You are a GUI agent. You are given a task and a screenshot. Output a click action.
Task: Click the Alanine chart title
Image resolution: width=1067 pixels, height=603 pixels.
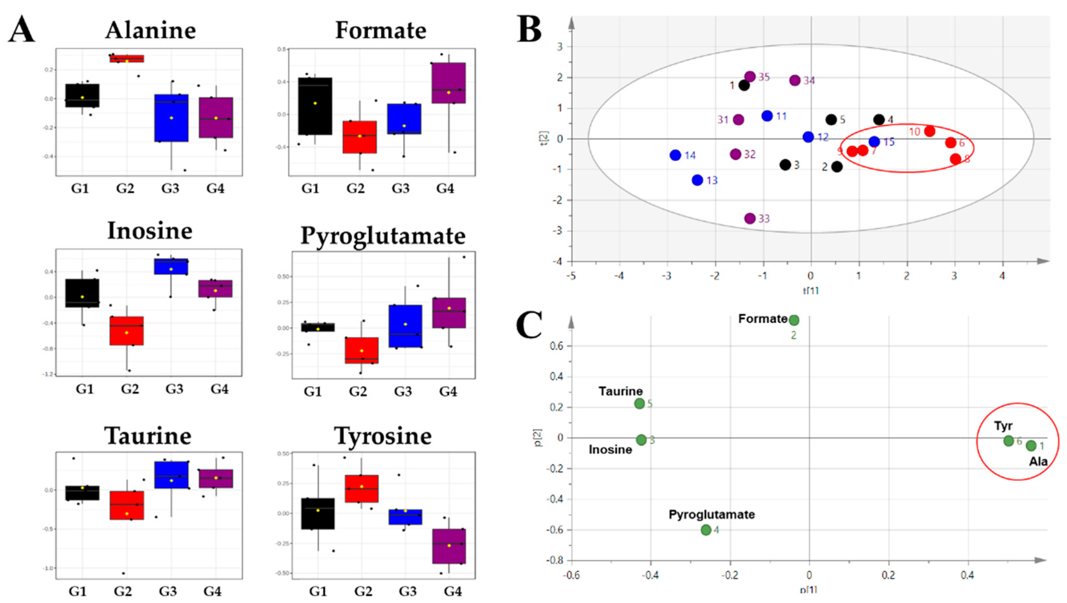[x=150, y=31]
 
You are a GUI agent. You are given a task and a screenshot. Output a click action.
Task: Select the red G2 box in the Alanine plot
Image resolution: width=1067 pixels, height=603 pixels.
[x=127, y=59]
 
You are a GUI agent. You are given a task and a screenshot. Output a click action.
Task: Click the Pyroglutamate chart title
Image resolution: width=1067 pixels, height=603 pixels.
[x=383, y=236]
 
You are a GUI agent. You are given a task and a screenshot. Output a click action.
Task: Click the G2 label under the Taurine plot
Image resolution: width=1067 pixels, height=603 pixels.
[x=123, y=590]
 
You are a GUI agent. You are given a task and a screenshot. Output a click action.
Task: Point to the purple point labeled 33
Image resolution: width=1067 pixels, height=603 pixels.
[x=750, y=218]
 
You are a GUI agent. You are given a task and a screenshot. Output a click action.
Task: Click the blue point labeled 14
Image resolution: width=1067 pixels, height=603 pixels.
[x=675, y=155]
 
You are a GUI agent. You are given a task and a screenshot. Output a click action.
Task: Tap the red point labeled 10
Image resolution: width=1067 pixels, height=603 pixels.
[x=929, y=131]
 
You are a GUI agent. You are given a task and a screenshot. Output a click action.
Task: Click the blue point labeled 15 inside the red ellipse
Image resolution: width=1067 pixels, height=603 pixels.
[x=874, y=141]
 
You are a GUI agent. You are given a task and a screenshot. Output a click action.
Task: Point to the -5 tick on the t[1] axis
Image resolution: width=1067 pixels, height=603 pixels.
[x=572, y=276]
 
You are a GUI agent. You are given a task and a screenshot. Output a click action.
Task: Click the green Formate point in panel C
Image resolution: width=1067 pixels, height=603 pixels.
[x=794, y=320]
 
